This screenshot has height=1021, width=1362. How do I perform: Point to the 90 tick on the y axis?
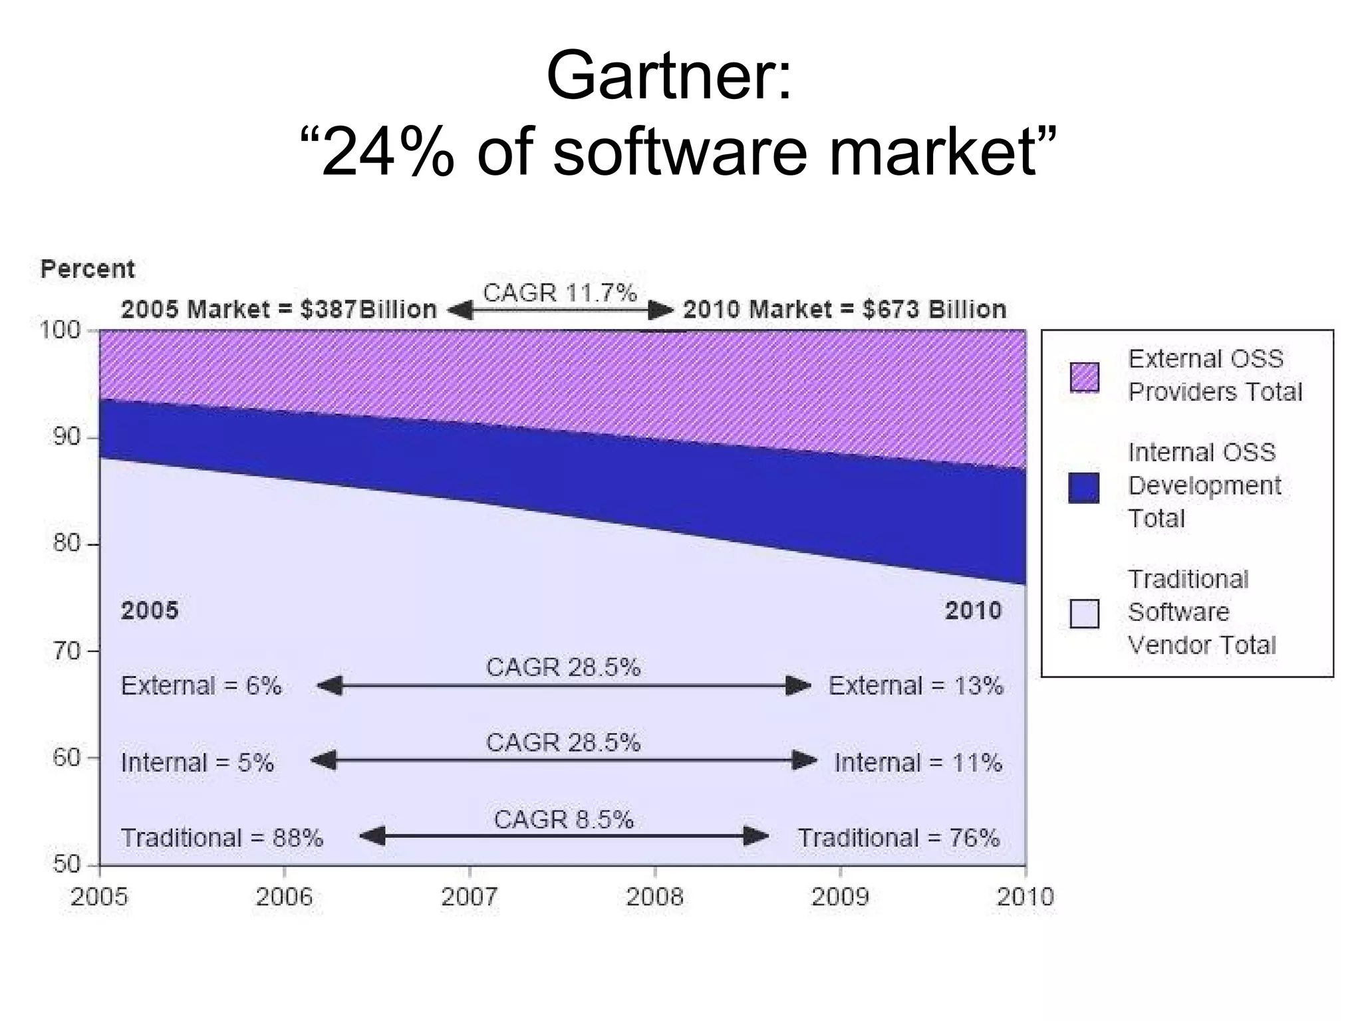coord(67,437)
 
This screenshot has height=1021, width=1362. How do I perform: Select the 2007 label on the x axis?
coord(469,897)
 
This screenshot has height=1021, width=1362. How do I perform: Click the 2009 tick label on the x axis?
coord(840,897)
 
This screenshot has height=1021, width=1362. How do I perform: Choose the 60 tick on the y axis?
coord(67,757)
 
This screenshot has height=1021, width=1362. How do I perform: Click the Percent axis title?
coord(87,269)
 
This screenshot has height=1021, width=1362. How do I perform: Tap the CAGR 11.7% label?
coord(560,292)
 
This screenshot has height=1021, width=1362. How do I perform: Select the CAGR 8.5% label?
coord(563,820)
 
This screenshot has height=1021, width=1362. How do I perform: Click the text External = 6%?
coord(202,685)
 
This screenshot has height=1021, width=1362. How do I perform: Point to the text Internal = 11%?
coord(918,762)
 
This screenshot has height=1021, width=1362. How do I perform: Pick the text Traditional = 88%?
coord(222,838)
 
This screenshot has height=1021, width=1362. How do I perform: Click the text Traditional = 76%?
coord(898,838)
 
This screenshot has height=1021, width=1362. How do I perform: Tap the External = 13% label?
coord(915,685)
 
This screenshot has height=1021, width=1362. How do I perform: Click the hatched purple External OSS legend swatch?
coord(1084,377)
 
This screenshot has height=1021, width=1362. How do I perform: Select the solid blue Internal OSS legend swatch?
coord(1084,487)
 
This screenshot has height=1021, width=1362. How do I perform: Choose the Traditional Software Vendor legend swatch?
coord(1084,613)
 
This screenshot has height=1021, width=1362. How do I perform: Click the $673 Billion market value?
coord(934,310)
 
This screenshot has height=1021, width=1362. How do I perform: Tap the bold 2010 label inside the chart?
coord(973,610)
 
